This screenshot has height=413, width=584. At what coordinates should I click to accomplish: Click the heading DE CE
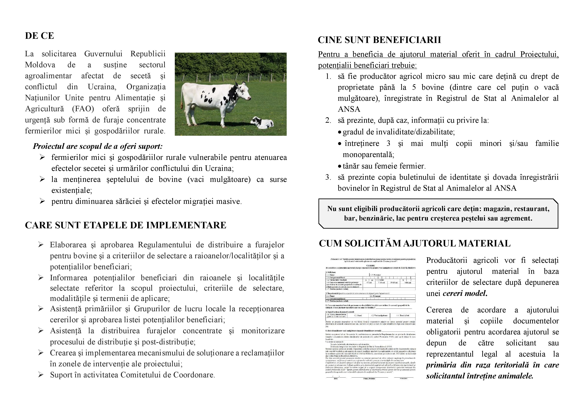(x=39, y=36)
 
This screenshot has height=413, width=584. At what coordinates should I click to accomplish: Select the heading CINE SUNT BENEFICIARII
(x=379, y=40)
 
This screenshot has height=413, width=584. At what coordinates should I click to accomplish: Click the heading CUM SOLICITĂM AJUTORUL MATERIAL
(x=415, y=243)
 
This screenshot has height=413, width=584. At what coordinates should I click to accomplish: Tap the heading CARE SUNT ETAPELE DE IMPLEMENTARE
(x=125, y=225)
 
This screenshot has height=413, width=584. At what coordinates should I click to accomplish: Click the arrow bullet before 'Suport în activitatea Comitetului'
(x=41, y=375)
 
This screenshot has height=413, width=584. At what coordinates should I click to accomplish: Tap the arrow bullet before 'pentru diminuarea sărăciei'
(x=42, y=201)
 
